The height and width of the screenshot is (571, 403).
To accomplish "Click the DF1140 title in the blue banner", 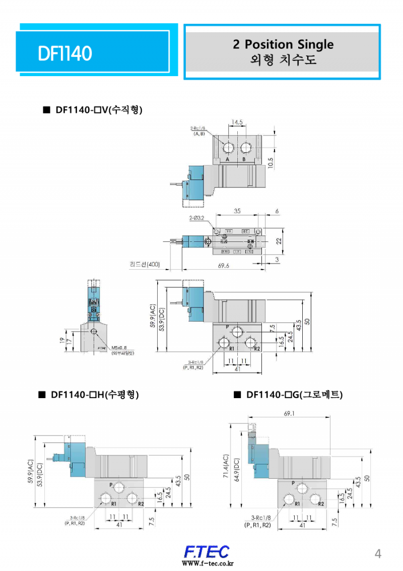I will pos(65,53).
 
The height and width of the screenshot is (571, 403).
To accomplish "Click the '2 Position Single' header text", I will pos(283,44).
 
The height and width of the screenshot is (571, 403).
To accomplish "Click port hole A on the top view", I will pos(228,148).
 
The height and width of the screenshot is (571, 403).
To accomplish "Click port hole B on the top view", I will pos(246,148).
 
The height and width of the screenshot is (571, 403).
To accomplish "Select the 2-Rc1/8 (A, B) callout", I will pos(198,131).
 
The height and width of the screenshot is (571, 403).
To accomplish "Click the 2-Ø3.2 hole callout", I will pos(197,218).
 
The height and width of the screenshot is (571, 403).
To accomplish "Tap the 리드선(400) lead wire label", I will pos(145,265).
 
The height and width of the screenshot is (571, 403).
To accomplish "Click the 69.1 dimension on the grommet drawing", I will pos(289,414).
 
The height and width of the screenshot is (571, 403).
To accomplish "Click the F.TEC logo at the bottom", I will pos(207,551).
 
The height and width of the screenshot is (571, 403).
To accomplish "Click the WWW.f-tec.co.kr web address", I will pos(208,563).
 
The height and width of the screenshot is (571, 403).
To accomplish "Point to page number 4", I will pos(378,554).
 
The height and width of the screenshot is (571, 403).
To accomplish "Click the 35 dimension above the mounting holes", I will pos(237,211).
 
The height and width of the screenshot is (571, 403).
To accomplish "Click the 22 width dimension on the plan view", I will pos(278,241).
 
